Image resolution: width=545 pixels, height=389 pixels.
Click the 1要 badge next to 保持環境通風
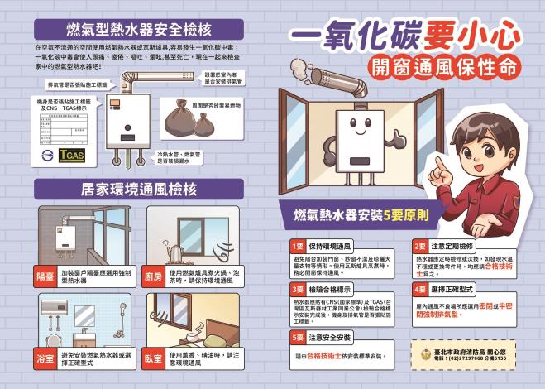click(296, 247)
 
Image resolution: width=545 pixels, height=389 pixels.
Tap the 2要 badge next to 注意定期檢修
click(418, 247)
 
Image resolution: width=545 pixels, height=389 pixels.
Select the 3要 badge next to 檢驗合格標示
click(296, 289)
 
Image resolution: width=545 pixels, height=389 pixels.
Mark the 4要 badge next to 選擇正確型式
click(418, 289)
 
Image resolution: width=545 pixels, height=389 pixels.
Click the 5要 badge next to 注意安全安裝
click(296, 338)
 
